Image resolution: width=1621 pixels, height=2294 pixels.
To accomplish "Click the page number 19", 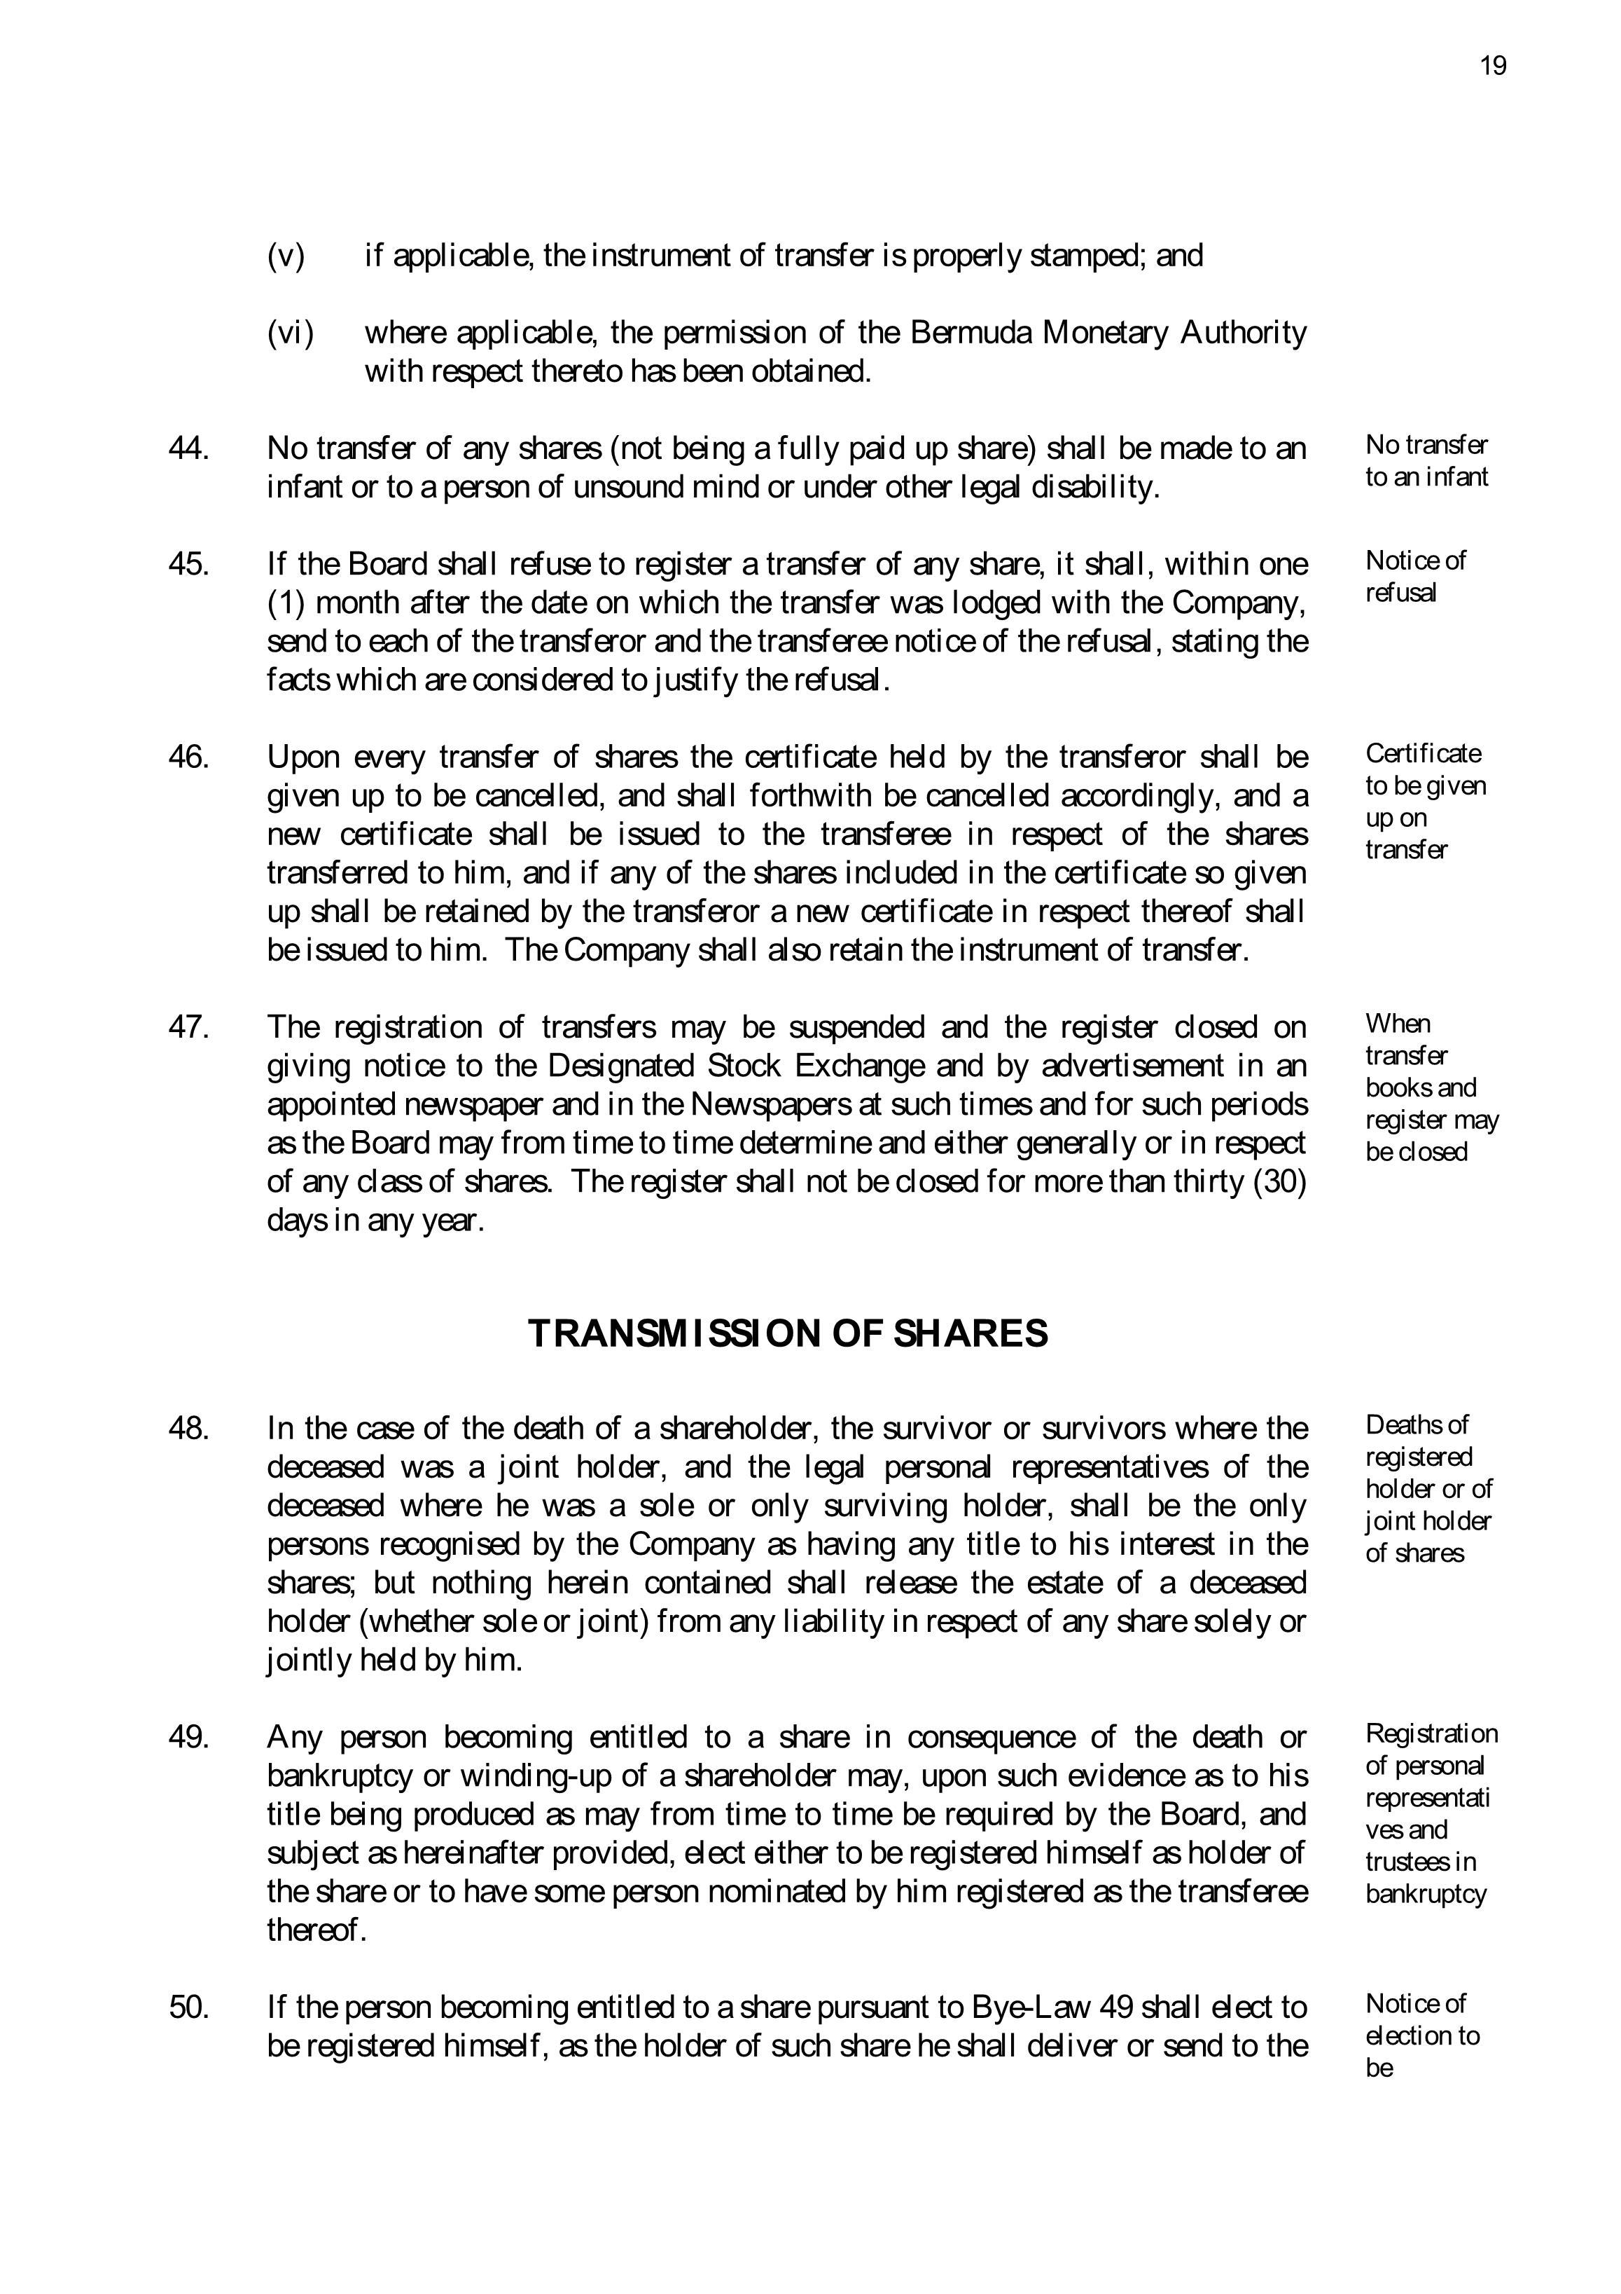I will [x=1492, y=66].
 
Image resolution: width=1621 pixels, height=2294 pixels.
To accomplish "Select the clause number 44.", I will [x=189, y=448].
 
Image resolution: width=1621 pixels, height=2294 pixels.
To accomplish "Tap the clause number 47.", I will [x=189, y=1027].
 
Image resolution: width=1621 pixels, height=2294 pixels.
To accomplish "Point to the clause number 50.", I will [x=189, y=2006].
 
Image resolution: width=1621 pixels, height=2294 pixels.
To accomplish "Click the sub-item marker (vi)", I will [x=290, y=333].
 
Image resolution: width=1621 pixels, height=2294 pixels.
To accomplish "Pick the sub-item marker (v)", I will [x=286, y=256].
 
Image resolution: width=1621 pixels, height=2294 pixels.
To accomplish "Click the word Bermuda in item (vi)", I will [x=972, y=333].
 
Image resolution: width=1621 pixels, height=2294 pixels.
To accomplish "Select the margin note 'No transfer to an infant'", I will [x=1426, y=460].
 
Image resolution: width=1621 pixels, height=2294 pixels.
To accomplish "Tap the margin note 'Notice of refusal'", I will [x=1415, y=577].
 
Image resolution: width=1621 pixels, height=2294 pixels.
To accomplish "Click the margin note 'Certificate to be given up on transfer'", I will [x=1425, y=802].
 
